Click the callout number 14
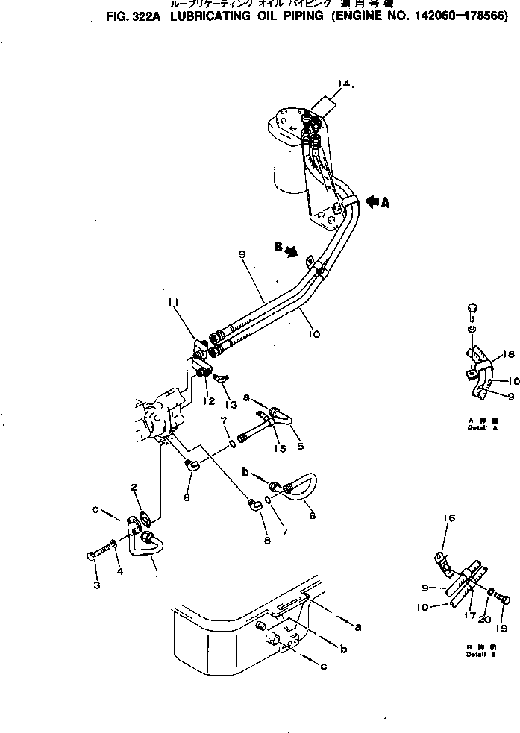pyautogui.click(x=344, y=84)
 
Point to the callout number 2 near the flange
pyautogui.click(x=135, y=488)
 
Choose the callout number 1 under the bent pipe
pyautogui.click(x=155, y=576)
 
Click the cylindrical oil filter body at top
pyautogui.click(x=287, y=160)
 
